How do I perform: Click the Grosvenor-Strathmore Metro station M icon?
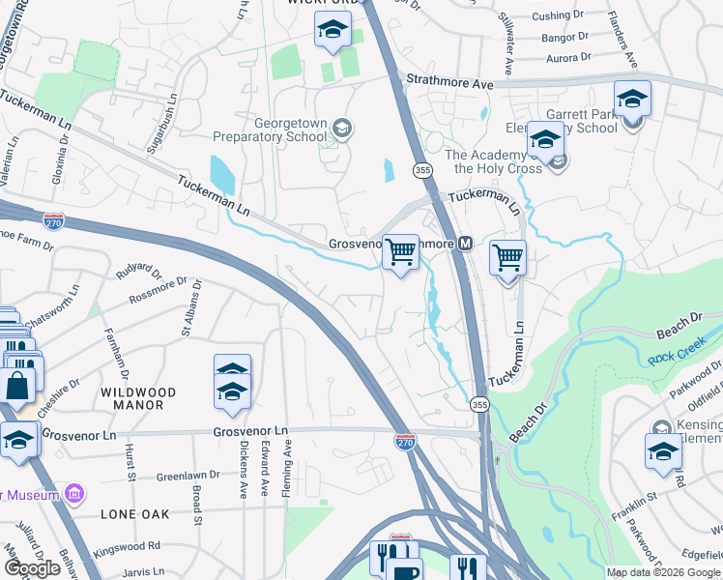tap(466, 244)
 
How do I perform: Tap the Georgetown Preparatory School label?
tap(290, 130)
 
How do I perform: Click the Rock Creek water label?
tap(677, 357)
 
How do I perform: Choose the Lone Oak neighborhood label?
tap(134, 514)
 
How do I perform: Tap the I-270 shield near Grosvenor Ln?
tap(407, 442)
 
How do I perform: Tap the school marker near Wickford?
tap(333, 31)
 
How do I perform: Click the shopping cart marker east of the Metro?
tap(507, 259)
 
